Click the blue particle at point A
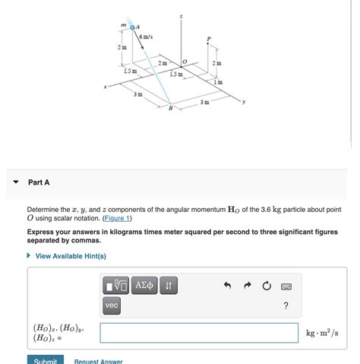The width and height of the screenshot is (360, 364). click(132, 26)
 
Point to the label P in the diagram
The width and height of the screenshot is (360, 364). click(209, 39)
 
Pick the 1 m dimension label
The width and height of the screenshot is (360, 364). click(219, 81)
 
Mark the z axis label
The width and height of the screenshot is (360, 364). click(181, 15)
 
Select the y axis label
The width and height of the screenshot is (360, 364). click(244, 100)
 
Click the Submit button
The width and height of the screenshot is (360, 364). click(45, 360)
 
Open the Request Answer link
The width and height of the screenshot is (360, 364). click(98, 361)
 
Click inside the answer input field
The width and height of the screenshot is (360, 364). click(199, 333)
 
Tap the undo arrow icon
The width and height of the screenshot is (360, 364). click(226, 286)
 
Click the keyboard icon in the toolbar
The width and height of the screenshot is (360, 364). click(286, 286)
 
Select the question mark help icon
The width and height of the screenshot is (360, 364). click(286, 305)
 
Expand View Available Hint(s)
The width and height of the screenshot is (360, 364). click(71, 256)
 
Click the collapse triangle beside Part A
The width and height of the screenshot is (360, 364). click(15, 182)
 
